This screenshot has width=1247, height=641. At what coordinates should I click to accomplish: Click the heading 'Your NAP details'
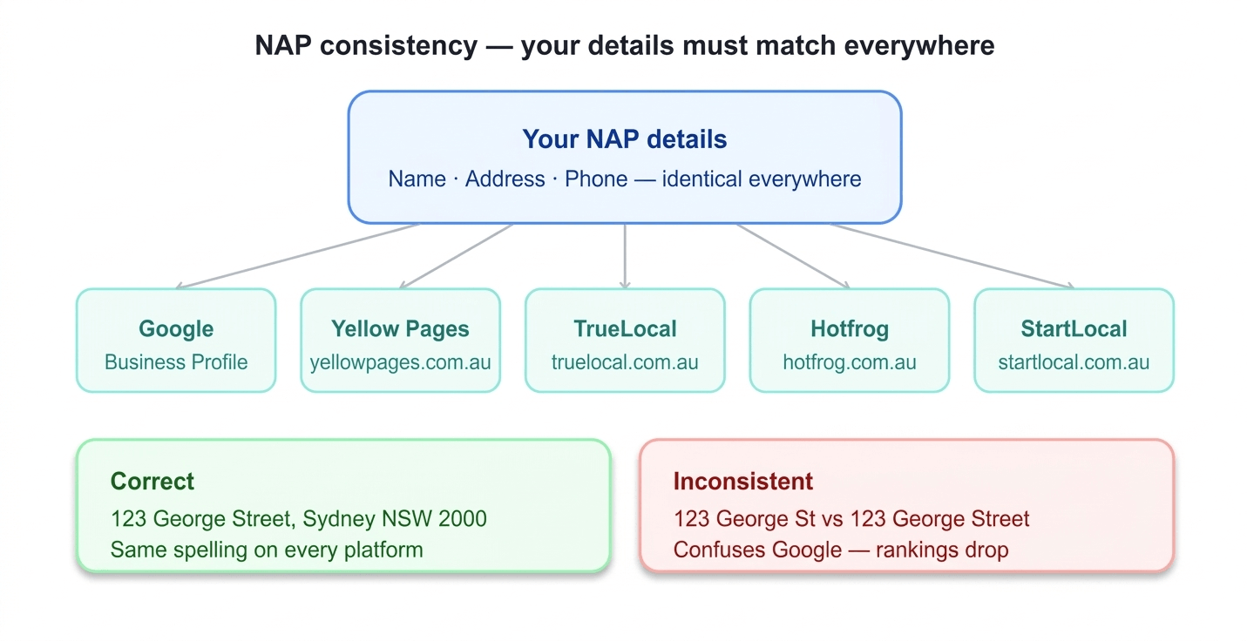pos(625,139)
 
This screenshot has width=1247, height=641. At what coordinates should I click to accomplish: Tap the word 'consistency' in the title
pos(398,45)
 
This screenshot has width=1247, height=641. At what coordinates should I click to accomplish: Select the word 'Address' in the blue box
pos(505,179)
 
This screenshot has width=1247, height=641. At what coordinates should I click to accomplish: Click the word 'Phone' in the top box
pos(596,179)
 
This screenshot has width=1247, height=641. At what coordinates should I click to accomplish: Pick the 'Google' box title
pos(176,329)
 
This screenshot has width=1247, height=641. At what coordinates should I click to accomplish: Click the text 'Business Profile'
pos(176,362)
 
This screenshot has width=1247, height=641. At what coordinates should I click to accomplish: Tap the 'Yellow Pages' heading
pos(400,329)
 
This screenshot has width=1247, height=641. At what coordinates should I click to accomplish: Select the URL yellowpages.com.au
pos(400,363)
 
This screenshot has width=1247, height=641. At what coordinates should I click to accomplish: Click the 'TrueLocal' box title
pos(625,329)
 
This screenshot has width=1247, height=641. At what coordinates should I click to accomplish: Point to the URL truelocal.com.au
pos(625,362)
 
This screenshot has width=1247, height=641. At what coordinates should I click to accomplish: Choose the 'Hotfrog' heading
pos(850,329)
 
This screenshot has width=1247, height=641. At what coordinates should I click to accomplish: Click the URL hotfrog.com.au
pos(850,363)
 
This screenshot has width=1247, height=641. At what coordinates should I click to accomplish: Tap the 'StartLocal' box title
pos(1074,329)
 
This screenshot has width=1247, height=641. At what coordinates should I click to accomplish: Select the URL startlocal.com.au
pos(1074,362)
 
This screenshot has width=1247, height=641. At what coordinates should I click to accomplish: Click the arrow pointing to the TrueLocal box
pos(625,256)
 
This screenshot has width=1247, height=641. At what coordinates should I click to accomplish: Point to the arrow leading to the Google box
pos(297,256)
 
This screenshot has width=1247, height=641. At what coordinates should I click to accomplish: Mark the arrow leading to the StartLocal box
pos(952,256)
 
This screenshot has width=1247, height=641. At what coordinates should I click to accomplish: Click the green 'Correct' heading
pos(152,482)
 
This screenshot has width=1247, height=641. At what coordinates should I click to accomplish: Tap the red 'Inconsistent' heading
pos(743,482)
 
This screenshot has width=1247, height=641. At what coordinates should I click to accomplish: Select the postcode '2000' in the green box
pos(463,518)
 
